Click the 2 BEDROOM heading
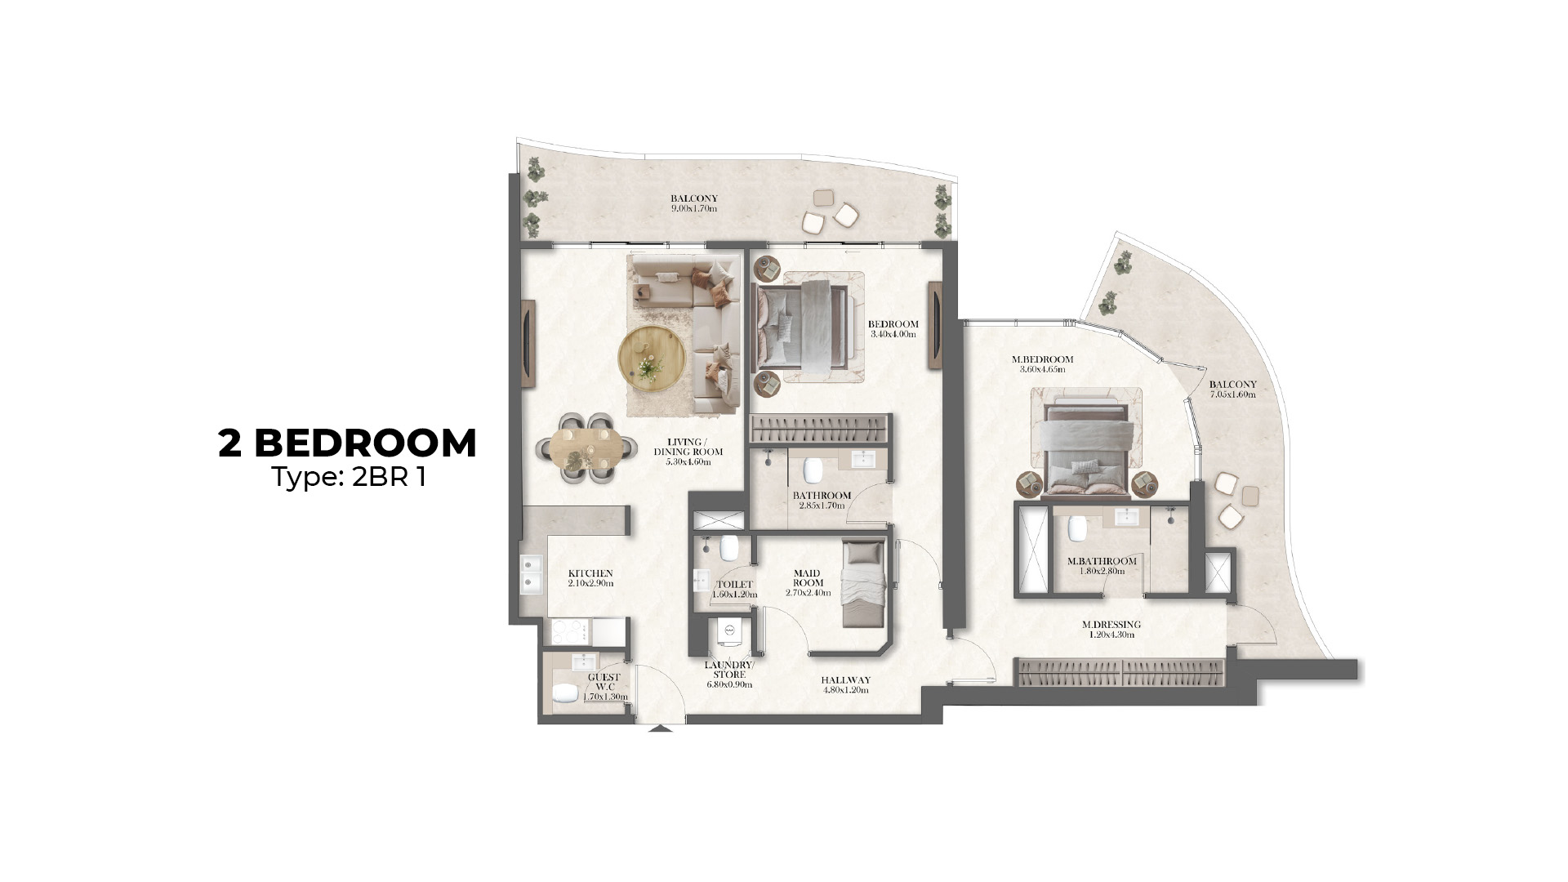pos(347,443)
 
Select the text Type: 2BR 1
pos(349,477)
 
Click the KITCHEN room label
pos(590,573)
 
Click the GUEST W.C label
pos(604,682)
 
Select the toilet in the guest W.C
pos(565,694)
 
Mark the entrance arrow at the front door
pos(661,728)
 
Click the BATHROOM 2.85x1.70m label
pos(822,500)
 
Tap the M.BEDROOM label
pos(1042,359)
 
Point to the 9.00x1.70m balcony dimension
pos(694,208)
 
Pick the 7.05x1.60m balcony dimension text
pos(1232,394)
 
